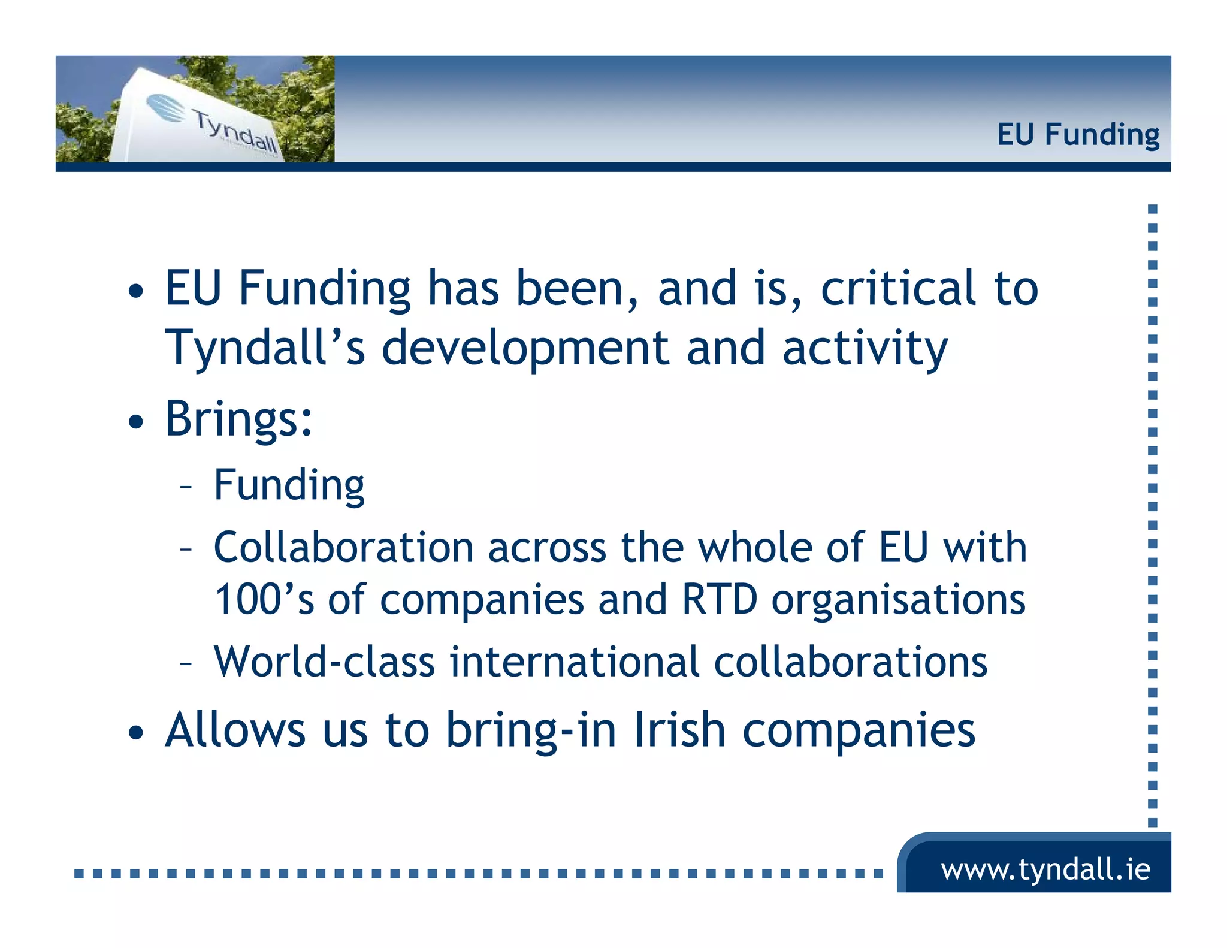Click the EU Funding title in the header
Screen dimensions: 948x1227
tap(1077, 134)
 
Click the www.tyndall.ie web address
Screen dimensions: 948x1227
tap(1045, 869)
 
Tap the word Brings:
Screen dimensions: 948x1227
tap(238, 418)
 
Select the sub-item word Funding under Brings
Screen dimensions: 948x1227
tap(289, 485)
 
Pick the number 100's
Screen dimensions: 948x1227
tap(264, 599)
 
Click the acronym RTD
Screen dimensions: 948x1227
tap(720, 599)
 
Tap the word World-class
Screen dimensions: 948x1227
tap(324, 662)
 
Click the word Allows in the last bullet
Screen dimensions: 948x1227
tap(235, 729)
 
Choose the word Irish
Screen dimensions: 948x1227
tap(679, 729)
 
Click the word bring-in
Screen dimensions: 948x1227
tap(531, 730)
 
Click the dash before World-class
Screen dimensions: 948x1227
tap(186, 664)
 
